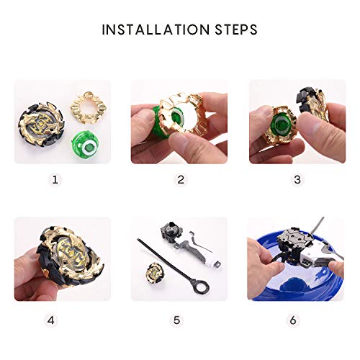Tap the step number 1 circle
pos(57,179)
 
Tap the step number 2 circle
pos(180,179)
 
